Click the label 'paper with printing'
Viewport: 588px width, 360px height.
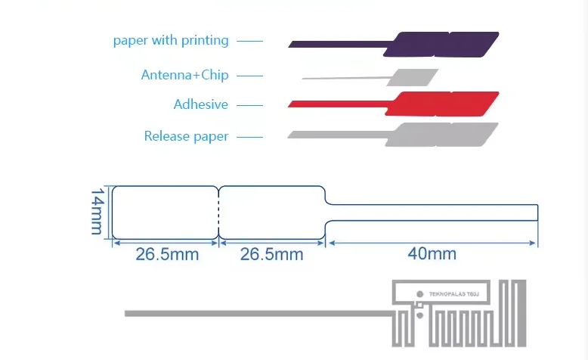click(x=171, y=40)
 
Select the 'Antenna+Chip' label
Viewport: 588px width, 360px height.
click(x=184, y=75)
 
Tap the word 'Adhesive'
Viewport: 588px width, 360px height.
click(x=200, y=104)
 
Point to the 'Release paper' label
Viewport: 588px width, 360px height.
click(x=186, y=136)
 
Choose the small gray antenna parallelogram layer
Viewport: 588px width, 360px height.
click(x=413, y=76)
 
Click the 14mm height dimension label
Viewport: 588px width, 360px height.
click(x=97, y=212)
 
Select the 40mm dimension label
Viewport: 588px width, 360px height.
click(x=432, y=254)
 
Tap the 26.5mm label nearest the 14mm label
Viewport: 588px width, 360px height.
click(x=167, y=254)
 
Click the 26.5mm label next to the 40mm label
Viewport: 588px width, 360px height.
click(x=271, y=254)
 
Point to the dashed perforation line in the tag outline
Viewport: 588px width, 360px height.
click(x=219, y=213)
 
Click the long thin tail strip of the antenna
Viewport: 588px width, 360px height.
click(x=257, y=312)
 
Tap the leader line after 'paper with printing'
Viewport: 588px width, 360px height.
click(x=249, y=41)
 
